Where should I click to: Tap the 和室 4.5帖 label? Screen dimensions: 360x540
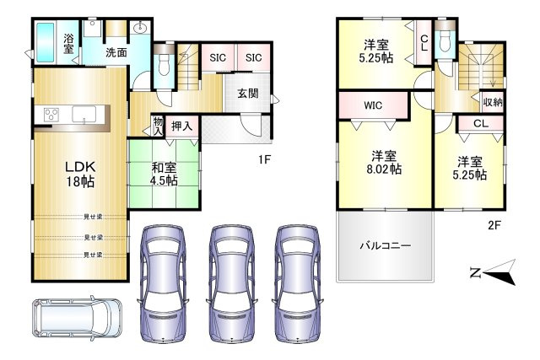point(165,173)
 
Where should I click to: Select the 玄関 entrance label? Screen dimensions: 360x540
point(247,94)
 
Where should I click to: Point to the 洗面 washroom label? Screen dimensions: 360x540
point(116,52)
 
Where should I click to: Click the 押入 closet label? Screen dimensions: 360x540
point(182,126)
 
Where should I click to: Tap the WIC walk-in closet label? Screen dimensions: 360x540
point(374,106)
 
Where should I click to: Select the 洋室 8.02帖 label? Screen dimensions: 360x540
point(385,162)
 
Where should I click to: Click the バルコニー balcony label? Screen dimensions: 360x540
point(385,246)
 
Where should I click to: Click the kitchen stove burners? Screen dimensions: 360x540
point(49,116)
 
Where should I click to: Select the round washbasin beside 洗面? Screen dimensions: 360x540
point(140,29)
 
